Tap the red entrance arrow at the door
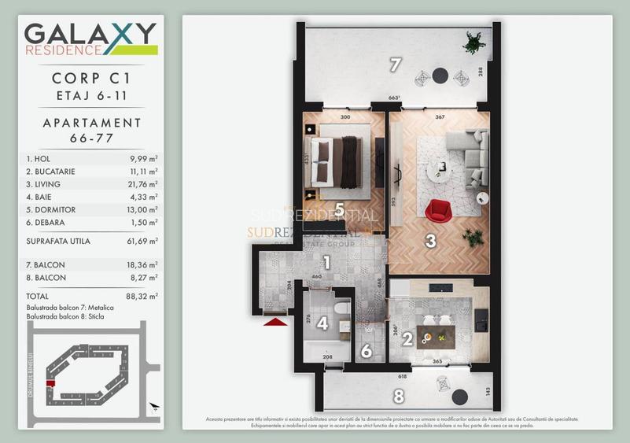pos(274,320)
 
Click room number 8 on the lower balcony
pos(399,396)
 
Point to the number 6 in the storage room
pos(367,351)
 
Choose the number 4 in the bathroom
pos(322,323)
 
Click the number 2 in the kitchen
pos(407,340)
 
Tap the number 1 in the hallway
pos(326,264)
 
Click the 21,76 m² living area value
pos(143,184)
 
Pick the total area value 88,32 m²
pos(143,296)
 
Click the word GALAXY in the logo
pos(90,35)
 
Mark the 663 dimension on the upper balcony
pos(395,98)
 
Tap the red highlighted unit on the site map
pos(51,383)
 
